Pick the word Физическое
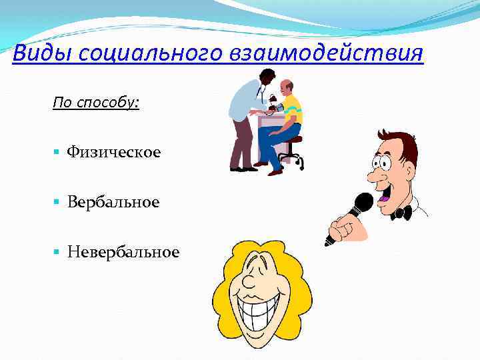pyautogui.click(x=113, y=153)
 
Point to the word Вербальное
pyautogui.click(x=113, y=201)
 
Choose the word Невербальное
pyautogui.click(x=123, y=251)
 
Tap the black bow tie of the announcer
pyautogui.click(x=401, y=213)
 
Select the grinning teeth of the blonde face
pyautogui.click(x=262, y=313)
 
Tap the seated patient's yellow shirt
pyautogui.click(x=292, y=110)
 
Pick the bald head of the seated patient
pyautogui.click(x=286, y=87)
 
